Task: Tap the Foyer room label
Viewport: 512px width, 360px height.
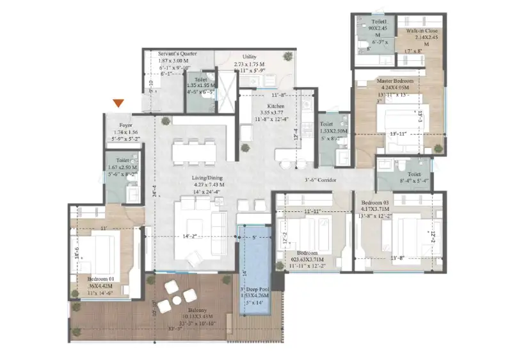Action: tap(125, 126)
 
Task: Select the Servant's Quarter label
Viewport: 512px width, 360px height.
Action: tap(178, 54)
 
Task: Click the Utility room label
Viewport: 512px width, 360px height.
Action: tap(250, 57)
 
